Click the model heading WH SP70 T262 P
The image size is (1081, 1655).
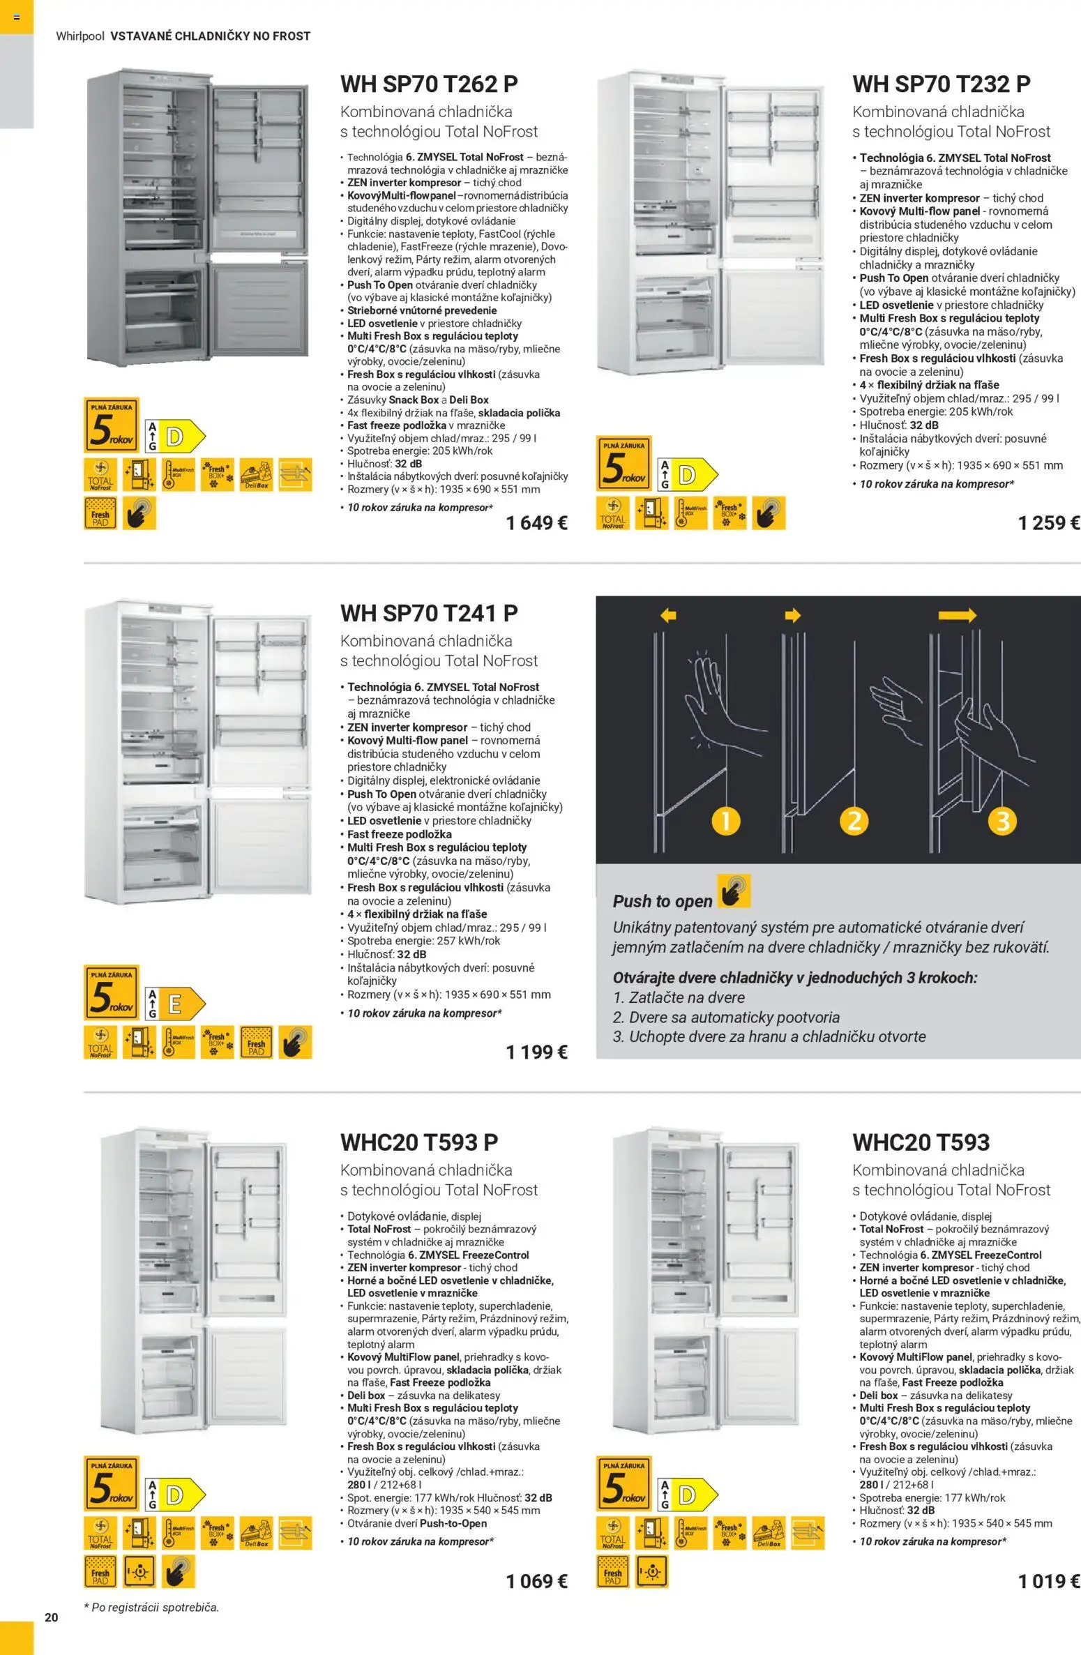pos(429,84)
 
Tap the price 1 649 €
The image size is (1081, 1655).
pos(536,523)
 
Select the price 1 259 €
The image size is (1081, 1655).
pos(1048,523)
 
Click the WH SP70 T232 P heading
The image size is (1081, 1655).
pos(941,84)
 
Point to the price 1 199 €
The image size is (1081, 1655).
pos(536,1052)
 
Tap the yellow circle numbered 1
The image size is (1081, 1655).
pos(726,820)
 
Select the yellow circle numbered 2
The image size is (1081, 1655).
pos(854,820)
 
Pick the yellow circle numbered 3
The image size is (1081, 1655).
pos(1003,820)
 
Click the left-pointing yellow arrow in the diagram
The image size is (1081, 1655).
pos(668,615)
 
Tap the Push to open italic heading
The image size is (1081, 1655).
pos(662,901)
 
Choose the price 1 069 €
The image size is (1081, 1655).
pos(536,1581)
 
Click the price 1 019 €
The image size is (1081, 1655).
pos(1048,1581)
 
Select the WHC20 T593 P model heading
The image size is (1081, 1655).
pos(419,1142)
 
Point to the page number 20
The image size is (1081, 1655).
pos(52,1617)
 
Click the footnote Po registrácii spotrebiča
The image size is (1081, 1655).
pos(151,1608)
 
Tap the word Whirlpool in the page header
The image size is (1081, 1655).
pos(80,36)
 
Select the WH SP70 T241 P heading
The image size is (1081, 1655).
pos(429,614)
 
